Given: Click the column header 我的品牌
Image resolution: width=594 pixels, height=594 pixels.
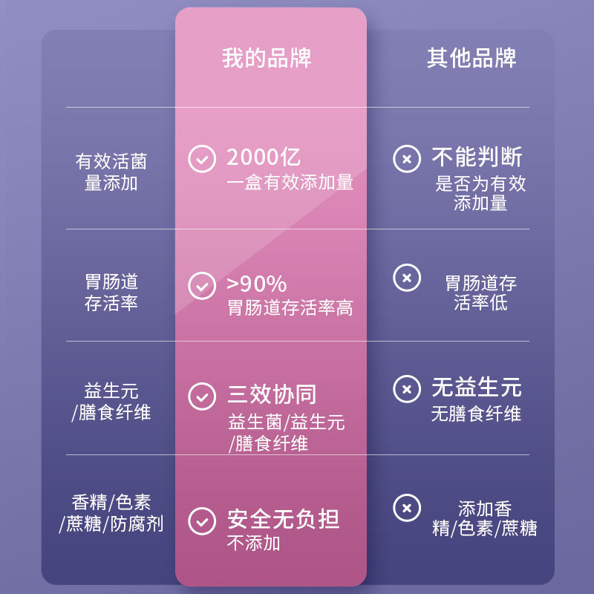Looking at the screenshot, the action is pyautogui.click(x=267, y=58).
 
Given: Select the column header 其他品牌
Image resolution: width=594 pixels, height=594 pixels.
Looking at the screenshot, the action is pyautogui.click(x=471, y=58).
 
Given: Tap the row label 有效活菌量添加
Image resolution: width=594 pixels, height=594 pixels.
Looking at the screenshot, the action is pyautogui.click(x=111, y=172).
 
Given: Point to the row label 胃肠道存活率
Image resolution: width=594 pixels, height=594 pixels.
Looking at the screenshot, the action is pyautogui.click(x=111, y=293).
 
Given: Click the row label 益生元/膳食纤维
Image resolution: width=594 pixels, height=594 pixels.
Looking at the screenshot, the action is pyautogui.click(x=111, y=402).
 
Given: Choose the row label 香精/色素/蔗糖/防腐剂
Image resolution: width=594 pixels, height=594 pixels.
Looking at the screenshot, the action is pyautogui.click(x=111, y=513).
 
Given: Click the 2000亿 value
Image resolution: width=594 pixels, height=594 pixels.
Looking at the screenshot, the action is pyautogui.click(x=264, y=157).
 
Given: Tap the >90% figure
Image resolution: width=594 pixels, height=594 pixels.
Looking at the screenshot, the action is pyautogui.click(x=256, y=284).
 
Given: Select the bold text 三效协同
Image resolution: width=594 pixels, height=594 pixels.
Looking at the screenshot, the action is pyautogui.click(x=272, y=395).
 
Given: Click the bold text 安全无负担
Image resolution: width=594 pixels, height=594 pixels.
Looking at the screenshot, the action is pyautogui.click(x=283, y=519).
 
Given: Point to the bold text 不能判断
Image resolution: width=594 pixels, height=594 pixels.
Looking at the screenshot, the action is pyautogui.click(x=477, y=157).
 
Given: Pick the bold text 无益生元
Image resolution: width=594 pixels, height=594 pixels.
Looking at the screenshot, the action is pyautogui.click(x=477, y=388).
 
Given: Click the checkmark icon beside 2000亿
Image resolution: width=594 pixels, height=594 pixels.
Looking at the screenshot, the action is pyautogui.click(x=202, y=159).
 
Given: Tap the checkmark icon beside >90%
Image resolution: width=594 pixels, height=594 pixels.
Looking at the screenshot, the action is pyautogui.click(x=202, y=286).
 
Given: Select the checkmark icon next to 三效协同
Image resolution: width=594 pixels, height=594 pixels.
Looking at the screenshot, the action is pyautogui.click(x=202, y=396).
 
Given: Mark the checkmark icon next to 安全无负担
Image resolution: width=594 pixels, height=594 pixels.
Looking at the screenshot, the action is pyautogui.click(x=202, y=520).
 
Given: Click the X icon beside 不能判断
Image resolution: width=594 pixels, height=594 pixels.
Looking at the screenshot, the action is pyautogui.click(x=407, y=159).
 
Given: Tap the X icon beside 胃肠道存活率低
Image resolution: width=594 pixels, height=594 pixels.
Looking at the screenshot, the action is pyautogui.click(x=407, y=278).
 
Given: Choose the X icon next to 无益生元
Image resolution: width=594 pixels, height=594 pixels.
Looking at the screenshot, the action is pyautogui.click(x=407, y=389).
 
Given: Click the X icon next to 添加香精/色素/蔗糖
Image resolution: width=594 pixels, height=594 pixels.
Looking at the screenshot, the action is pyautogui.click(x=407, y=508).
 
